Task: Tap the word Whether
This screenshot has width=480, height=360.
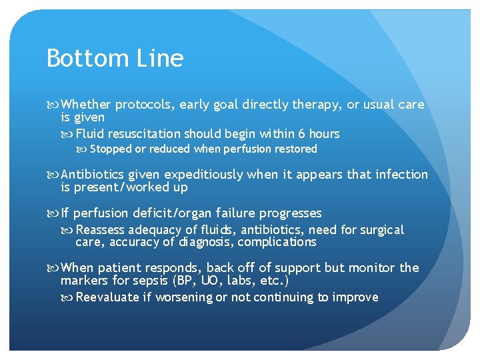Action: [86, 105]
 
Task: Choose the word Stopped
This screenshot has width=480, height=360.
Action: [111, 149]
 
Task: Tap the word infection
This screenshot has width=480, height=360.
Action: [399, 175]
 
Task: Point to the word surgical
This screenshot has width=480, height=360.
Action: [382, 230]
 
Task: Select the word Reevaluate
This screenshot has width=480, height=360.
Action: [109, 297]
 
